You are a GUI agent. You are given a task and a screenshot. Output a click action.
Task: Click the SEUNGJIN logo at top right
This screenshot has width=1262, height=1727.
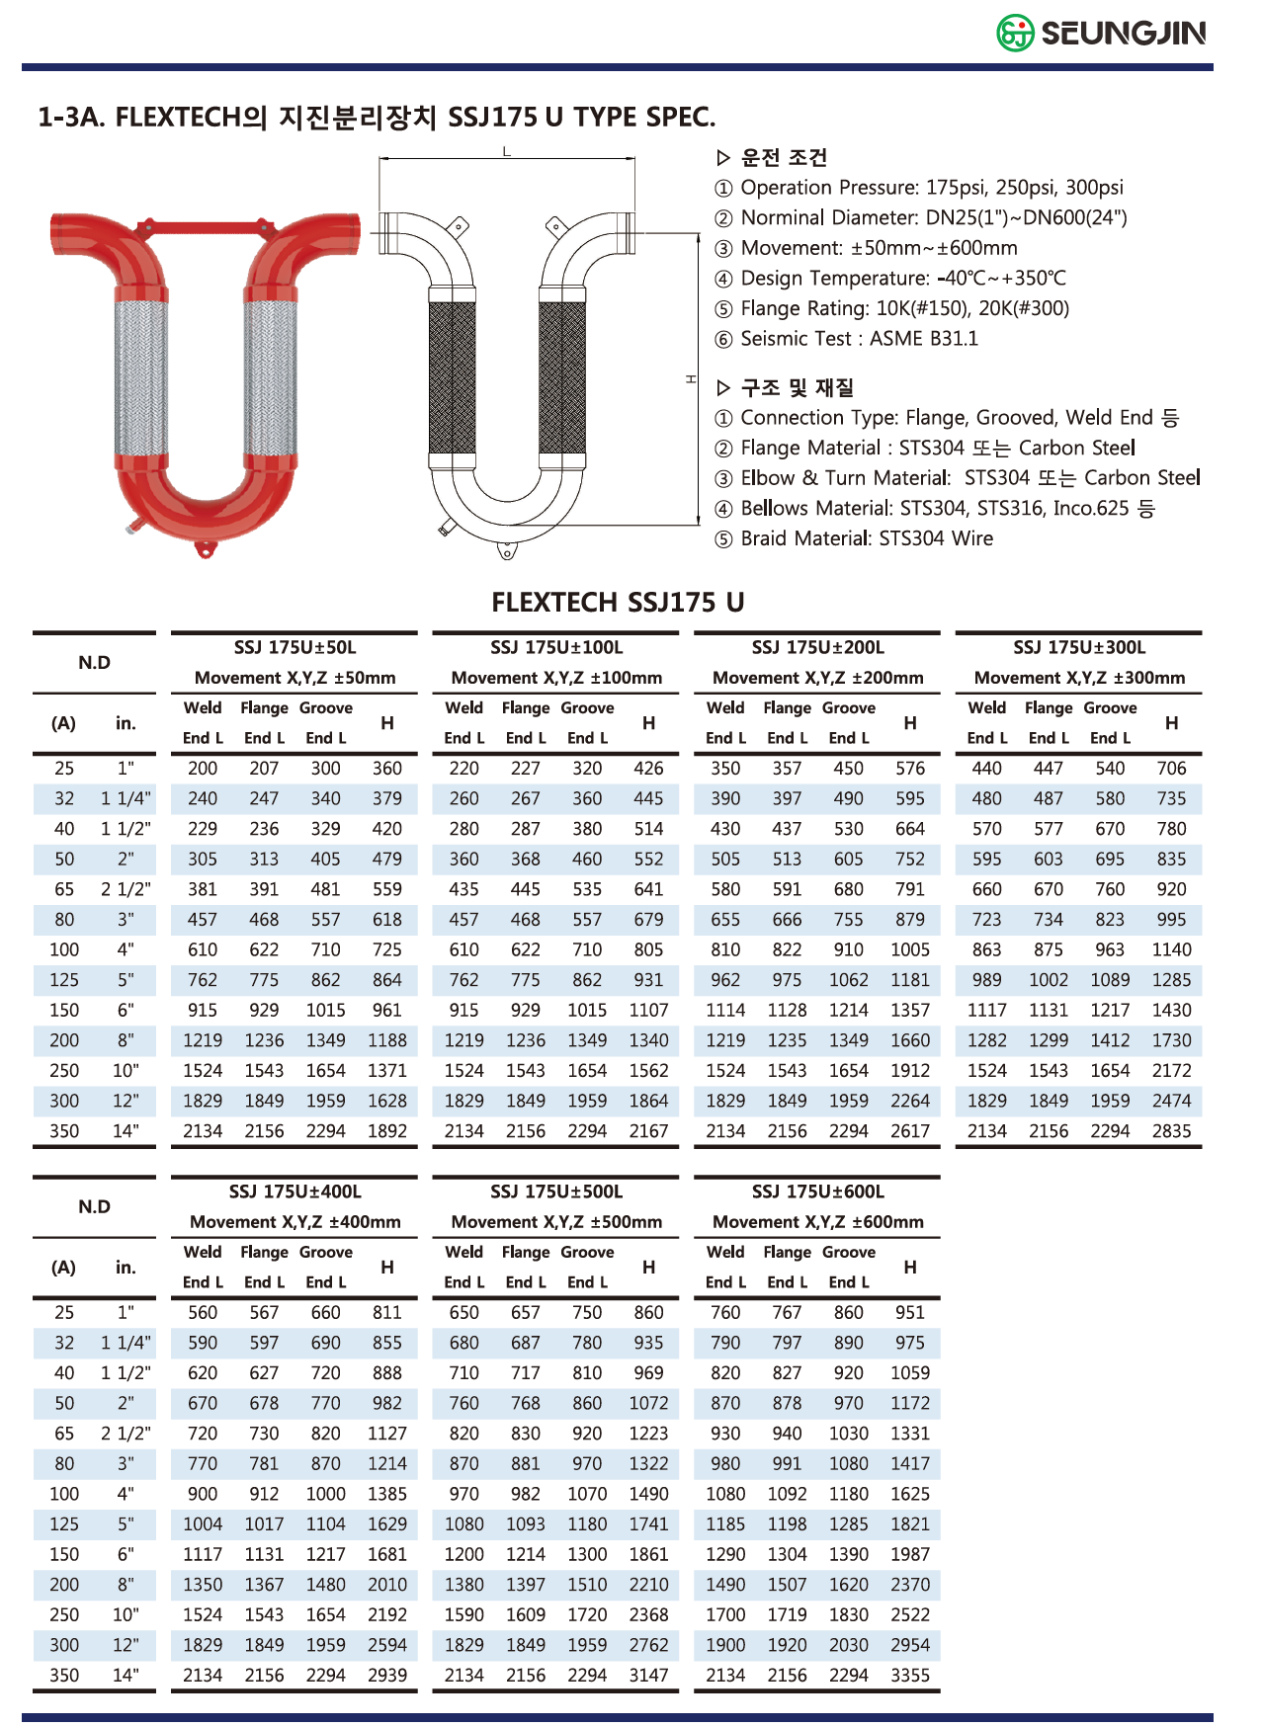(x=1101, y=34)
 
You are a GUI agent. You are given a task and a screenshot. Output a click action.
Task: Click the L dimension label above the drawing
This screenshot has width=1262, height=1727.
(x=507, y=151)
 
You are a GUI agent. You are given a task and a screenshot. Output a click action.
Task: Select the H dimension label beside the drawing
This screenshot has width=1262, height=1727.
(x=692, y=378)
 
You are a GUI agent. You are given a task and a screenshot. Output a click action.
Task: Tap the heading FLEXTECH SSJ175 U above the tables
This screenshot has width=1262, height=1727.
(x=618, y=602)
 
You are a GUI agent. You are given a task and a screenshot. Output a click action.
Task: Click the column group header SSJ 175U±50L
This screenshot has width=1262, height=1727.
(x=294, y=648)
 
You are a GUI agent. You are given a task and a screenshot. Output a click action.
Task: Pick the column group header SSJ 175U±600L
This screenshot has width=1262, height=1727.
(x=817, y=1192)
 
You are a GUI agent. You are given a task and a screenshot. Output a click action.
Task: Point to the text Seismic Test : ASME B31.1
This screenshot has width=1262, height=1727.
(x=859, y=339)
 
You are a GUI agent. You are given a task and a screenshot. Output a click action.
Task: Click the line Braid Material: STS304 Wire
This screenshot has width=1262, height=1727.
(x=866, y=538)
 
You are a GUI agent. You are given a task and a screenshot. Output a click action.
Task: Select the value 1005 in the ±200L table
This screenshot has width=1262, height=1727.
(x=909, y=950)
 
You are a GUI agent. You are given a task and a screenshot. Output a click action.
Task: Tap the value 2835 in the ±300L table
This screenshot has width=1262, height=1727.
(x=1171, y=1131)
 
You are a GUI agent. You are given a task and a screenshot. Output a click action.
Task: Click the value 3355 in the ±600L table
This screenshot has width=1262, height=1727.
(x=909, y=1676)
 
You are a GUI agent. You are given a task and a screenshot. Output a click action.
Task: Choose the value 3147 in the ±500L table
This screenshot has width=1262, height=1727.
(x=648, y=1676)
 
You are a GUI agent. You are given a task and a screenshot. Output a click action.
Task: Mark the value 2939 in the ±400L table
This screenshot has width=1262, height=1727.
(x=387, y=1676)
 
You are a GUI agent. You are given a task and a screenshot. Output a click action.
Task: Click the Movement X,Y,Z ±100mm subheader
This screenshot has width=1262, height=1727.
(x=556, y=679)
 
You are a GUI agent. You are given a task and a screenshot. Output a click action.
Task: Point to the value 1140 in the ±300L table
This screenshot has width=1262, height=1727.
(x=1171, y=950)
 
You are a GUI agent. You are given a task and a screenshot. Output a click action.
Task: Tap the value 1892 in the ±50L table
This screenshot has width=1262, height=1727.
(x=387, y=1131)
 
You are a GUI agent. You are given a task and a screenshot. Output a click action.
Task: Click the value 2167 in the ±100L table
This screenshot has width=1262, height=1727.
(x=648, y=1131)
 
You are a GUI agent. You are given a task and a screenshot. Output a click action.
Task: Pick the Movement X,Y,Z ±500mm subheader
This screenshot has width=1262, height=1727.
(x=556, y=1222)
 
